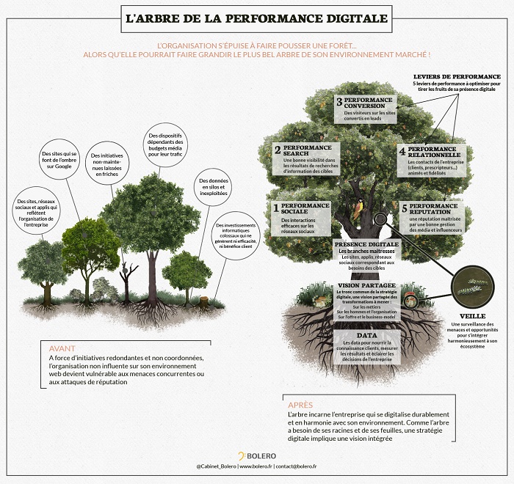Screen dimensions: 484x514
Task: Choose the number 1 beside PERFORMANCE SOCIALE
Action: pos(276,208)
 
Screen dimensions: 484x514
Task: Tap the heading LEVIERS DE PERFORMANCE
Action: pos(456,76)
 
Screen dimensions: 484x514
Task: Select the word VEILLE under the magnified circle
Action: pos(463,317)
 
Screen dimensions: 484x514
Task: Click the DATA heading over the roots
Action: pos(366,334)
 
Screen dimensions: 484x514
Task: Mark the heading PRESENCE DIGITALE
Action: pos(366,244)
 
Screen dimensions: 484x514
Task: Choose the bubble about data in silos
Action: pos(213,185)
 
